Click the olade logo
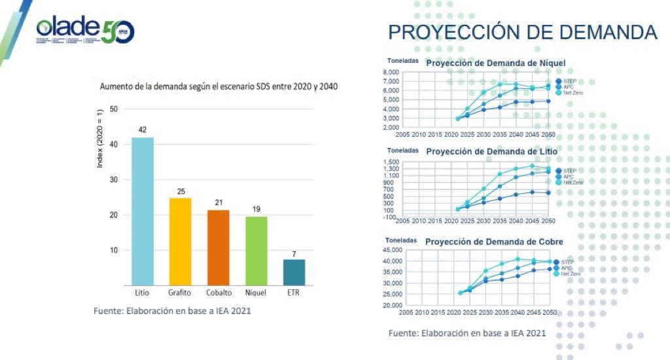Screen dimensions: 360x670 point(85,30)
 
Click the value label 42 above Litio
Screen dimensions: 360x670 point(143,130)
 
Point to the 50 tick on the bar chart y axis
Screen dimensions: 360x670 point(114,109)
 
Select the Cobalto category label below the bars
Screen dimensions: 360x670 point(218,293)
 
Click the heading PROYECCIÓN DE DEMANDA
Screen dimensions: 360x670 point(522,32)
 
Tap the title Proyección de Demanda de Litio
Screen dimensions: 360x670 point(491,151)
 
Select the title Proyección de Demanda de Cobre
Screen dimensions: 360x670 point(494,242)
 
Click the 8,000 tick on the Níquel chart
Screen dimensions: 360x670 point(391,73)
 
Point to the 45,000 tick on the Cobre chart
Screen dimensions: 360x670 point(393,250)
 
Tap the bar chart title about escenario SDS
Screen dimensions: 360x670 point(219,86)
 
